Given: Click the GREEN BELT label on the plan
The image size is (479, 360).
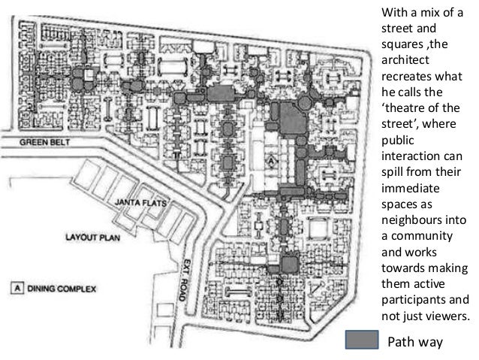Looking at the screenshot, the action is click(x=44, y=142).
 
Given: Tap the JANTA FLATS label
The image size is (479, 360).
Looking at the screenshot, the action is click(x=141, y=202).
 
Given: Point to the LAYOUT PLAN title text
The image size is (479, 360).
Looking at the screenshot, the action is click(x=93, y=237).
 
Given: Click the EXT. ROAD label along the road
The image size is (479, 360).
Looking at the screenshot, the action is click(x=185, y=280).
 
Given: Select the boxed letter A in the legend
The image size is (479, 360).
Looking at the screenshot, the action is click(x=17, y=288).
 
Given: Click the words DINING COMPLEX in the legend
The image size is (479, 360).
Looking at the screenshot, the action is click(x=62, y=289).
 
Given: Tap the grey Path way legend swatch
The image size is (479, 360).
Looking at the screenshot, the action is click(x=362, y=340).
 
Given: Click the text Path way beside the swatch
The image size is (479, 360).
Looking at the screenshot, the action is click(x=415, y=342).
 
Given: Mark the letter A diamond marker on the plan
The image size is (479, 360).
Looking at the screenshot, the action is click(x=271, y=161).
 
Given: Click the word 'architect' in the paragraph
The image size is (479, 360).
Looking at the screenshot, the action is click(x=405, y=60).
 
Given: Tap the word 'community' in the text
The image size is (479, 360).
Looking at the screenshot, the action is click(x=422, y=236).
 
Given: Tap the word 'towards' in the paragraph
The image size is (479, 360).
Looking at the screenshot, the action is click(x=400, y=268).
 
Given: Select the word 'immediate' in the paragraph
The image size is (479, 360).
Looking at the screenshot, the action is click(x=411, y=188).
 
